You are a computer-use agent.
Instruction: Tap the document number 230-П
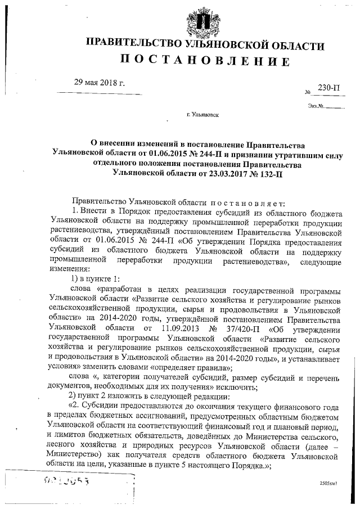coord(328,88)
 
